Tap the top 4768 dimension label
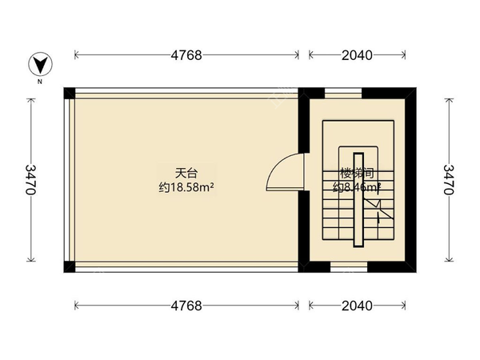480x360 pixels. (186, 55)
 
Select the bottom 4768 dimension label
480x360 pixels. (186, 306)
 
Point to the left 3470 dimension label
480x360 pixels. (31, 180)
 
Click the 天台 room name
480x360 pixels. (186, 172)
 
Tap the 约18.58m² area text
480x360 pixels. (190, 187)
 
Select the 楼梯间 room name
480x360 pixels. (355, 172)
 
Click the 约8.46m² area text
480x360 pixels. (356, 187)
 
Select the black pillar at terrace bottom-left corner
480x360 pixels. (70, 266)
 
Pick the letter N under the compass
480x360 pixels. (38, 81)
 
